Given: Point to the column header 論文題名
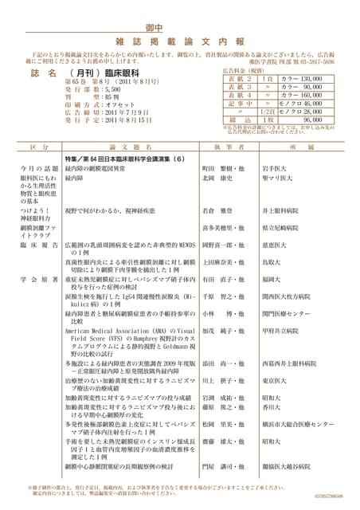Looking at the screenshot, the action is [x=124, y=148].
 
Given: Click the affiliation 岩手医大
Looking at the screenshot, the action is [x=276, y=169].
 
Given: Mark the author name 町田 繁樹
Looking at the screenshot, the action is [x=215, y=169].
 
